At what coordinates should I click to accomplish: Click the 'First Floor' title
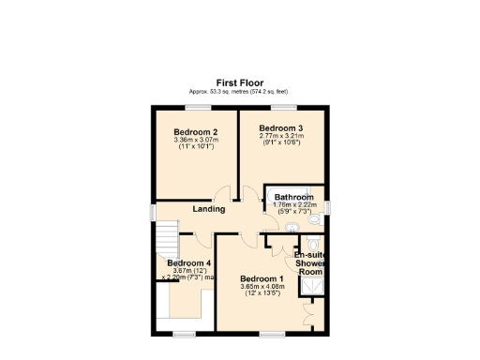[239, 82]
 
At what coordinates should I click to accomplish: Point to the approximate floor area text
[239, 91]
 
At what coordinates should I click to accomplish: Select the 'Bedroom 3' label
[281, 127]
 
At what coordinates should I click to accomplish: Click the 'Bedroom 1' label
[262, 279]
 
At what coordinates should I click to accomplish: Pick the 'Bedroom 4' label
[188, 263]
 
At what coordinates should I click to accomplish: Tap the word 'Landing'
[208, 208]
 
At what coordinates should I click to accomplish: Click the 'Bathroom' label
[293, 198]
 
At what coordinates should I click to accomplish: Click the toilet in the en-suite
[313, 246]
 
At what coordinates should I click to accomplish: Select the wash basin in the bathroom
[292, 228]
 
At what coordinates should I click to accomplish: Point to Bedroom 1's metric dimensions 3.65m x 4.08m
[262, 288]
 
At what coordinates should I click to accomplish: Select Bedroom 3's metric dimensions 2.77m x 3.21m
[281, 135]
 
